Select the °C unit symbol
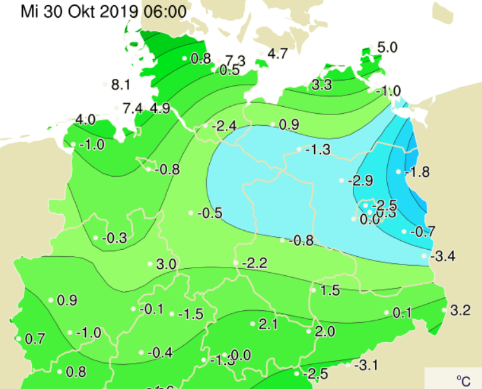(x=463, y=380)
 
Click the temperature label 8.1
(x=120, y=85)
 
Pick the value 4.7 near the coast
(x=278, y=54)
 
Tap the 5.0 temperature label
(x=387, y=47)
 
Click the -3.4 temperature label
(x=443, y=257)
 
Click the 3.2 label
(x=460, y=311)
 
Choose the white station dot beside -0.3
(x=96, y=238)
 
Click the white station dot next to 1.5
(x=312, y=290)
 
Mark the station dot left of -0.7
(x=404, y=231)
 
